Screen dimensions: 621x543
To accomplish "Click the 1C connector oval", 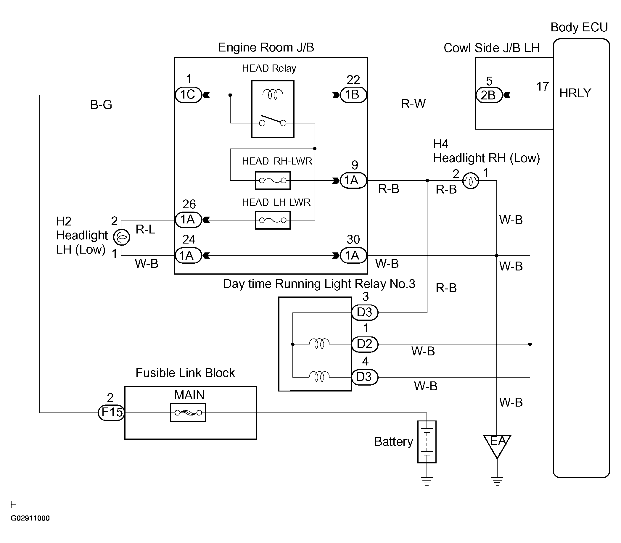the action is [x=188, y=95].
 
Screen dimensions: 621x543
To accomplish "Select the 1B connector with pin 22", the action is [x=353, y=95].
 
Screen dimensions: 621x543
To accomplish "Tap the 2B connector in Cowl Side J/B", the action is [x=489, y=95].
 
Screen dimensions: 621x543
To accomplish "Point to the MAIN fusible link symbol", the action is [x=188, y=413].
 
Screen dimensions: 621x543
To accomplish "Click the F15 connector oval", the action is [x=112, y=413].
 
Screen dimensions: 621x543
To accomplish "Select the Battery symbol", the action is [x=427, y=442].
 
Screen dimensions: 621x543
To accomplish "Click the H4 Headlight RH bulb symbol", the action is [x=471, y=181].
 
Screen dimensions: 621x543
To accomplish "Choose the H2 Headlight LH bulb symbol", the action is [x=122, y=237].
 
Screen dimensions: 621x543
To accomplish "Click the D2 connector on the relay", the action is [x=365, y=344].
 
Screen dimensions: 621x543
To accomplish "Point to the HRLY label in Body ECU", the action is [x=575, y=93].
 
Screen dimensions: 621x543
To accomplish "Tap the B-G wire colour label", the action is [x=101, y=105].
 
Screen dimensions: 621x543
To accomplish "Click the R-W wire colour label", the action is [x=414, y=104].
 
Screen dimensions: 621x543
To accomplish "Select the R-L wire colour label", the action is [x=145, y=229].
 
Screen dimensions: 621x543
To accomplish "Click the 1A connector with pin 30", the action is [x=353, y=255].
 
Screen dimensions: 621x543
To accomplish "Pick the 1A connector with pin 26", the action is [x=188, y=220].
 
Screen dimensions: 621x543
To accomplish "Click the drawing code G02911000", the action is [x=30, y=518].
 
